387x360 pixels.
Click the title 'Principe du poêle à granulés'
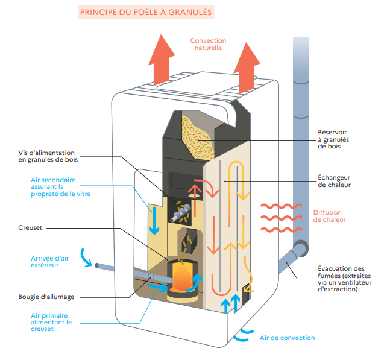[x=145, y=12]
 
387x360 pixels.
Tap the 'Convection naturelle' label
[x=208, y=44]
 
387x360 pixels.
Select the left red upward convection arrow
[x=162, y=60]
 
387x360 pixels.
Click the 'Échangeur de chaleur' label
[x=333, y=182]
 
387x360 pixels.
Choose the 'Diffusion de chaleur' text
[x=330, y=216]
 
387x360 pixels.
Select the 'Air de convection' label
[x=287, y=338]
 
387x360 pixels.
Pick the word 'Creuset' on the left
[x=31, y=228]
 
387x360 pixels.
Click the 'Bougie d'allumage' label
[x=46, y=297]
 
